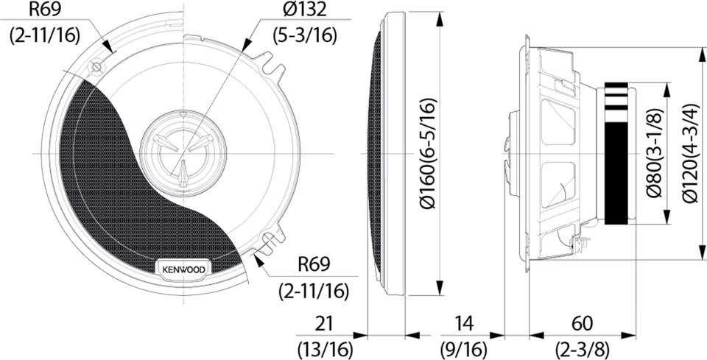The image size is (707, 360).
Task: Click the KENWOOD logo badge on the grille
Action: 183,269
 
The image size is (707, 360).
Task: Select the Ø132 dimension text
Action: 305,10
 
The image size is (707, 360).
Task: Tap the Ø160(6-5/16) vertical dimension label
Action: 429,152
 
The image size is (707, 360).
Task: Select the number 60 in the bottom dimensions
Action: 582,323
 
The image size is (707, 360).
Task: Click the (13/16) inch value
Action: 325,348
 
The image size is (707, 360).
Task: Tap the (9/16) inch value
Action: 464,348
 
